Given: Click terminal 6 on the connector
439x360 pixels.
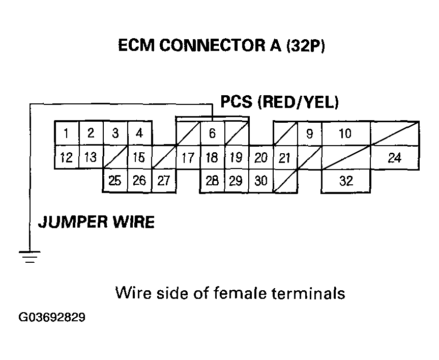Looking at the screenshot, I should click(x=212, y=134).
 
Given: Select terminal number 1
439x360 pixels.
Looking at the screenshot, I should click(x=67, y=134).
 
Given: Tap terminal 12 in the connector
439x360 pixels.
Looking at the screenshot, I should click(x=67, y=157).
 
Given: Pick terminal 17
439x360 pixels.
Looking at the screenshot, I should click(x=188, y=158).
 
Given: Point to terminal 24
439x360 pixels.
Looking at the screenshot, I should click(x=394, y=158).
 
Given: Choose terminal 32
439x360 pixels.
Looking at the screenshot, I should click(x=345, y=181).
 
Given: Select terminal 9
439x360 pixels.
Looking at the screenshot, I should click(x=309, y=134).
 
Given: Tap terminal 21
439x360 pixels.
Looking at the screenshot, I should click(x=285, y=158).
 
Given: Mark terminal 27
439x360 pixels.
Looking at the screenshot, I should click(x=163, y=181).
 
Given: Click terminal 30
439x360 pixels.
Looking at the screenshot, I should click(x=260, y=181).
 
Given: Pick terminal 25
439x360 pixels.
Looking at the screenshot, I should click(x=115, y=181).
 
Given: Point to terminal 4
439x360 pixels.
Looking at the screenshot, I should click(x=139, y=134).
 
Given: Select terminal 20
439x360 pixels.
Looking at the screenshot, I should click(x=260, y=158).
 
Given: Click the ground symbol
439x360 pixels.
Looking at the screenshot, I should click(x=31, y=256).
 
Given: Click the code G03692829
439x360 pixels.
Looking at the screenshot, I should click(x=52, y=318).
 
